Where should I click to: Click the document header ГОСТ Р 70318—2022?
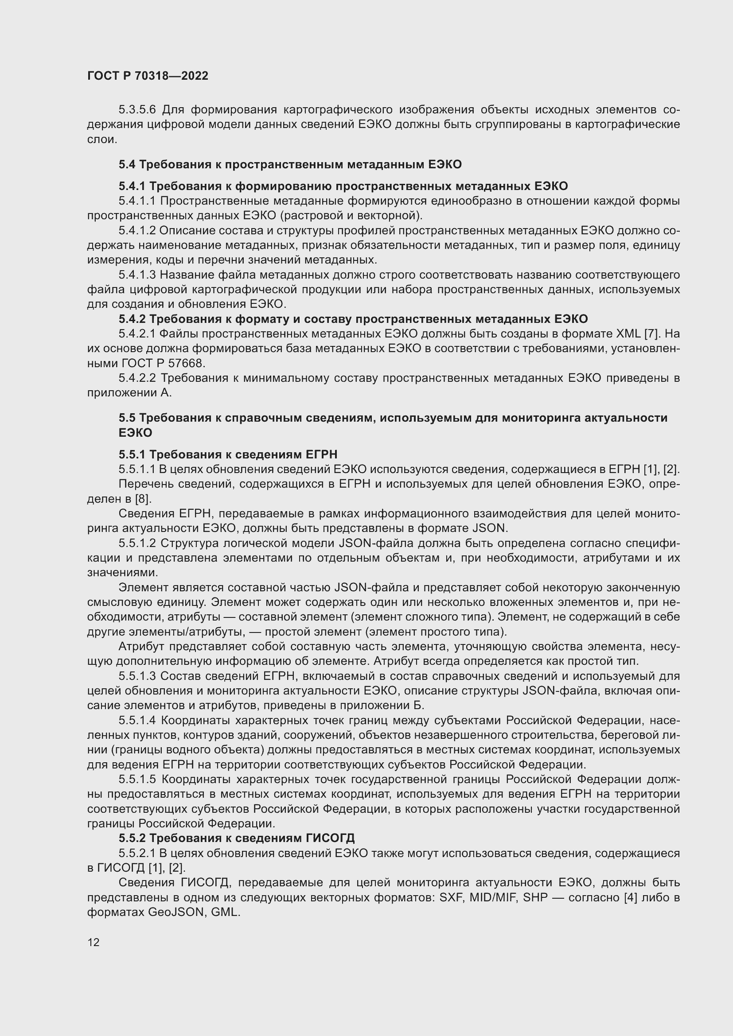pos(148,76)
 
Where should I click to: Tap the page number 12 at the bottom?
pos(94,942)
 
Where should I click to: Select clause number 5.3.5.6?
pos(137,110)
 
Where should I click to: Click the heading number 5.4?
pos(127,164)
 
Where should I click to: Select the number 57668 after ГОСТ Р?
pos(187,363)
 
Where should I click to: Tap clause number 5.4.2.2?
pos(137,378)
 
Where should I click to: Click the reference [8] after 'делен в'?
pos(143,499)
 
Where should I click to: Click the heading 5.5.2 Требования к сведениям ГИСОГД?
pos(237,838)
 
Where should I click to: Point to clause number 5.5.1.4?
pos(137,720)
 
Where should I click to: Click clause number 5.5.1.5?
pos(137,779)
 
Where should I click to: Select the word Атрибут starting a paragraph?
pos(141,647)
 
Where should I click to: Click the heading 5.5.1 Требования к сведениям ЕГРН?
pos(228,454)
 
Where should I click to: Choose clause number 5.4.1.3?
pos(137,275)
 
